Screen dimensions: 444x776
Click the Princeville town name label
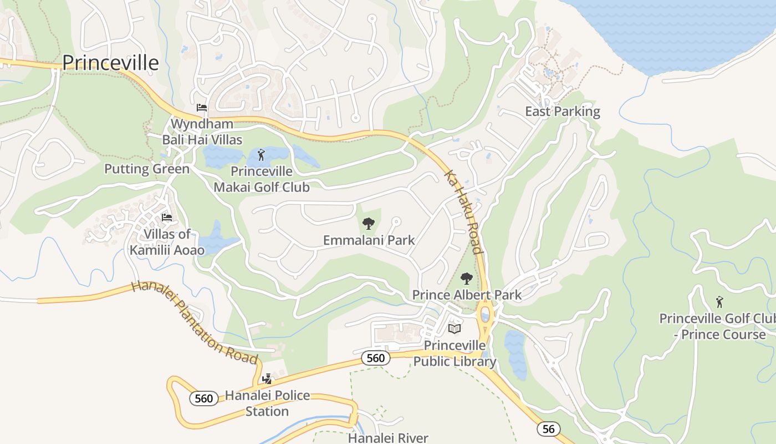pyautogui.click(x=110, y=63)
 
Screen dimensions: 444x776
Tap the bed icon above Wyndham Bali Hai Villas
pyautogui.click(x=202, y=107)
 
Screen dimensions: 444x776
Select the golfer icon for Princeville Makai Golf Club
pyautogui.click(x=261, y=155)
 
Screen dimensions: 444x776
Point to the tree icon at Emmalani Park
pyautogui.click(x=368, y=224)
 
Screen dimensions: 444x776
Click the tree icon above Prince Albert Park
pyautogui.click(x=467, y=278)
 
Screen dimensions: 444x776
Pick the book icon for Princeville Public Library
pyautogui.click(x=455, y=329)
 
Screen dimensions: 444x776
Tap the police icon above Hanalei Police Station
pyautogui.click(x=267, y=379)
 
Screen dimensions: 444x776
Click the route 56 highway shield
pyautogui.click(x=548, y=428)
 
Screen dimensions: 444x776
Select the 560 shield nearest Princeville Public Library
pyautogui.click(x=375, y=358)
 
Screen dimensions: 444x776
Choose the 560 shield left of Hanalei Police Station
pyautogui.click(x=203, y=398)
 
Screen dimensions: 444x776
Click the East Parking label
pyautogui.click(x=563, y=112)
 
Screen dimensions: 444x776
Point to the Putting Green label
pyautogui.click(x=147, y=169)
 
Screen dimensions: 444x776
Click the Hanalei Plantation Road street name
pyautogui.click(x=195, y=322)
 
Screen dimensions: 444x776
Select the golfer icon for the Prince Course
pyautogui.click(x=719, y=302)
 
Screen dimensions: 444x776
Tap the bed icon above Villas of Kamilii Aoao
pyautogui.click(x=166, y=218)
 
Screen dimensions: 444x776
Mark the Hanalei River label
pyautogui.click(x=388, y=438)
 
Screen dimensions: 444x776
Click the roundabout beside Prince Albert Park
pyautogui.click(x=486, y=315)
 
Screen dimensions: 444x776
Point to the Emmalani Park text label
pyautogui.click(x=369, y=240)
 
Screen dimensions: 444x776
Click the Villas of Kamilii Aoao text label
pyautogui.click(x=167, y=242)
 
